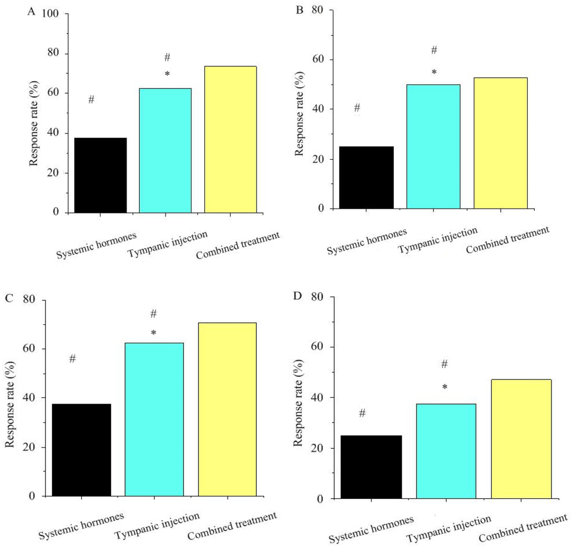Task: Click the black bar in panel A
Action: click(x=100, y=175)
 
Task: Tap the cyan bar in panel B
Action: click(x=433, y=146)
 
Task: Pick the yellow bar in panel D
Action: click(x=521, y=439)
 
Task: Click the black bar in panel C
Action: click(x=81, y=450)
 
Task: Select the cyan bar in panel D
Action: click(x=446, y=451)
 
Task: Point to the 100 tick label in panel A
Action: click(x=50, y=13)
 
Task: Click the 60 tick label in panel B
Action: click(x=318, y=59)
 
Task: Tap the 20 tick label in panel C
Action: click(x=29, y=447)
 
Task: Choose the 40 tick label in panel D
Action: click(x=317, y=397)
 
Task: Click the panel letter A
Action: click(x=31, y=12)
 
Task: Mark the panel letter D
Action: click(x=298, y=296)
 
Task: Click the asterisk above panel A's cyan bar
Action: click(x=167, y=74)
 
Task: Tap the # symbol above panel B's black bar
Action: click(x=357, y=108)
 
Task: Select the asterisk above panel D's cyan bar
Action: click(x=445, y=387)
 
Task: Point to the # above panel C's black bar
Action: click(x=72, y=359)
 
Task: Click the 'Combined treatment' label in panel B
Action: click(x=507, y=239)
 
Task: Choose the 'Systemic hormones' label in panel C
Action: click(x=81, y=526)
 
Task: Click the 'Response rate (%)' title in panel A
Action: click(x=34, y=123)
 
